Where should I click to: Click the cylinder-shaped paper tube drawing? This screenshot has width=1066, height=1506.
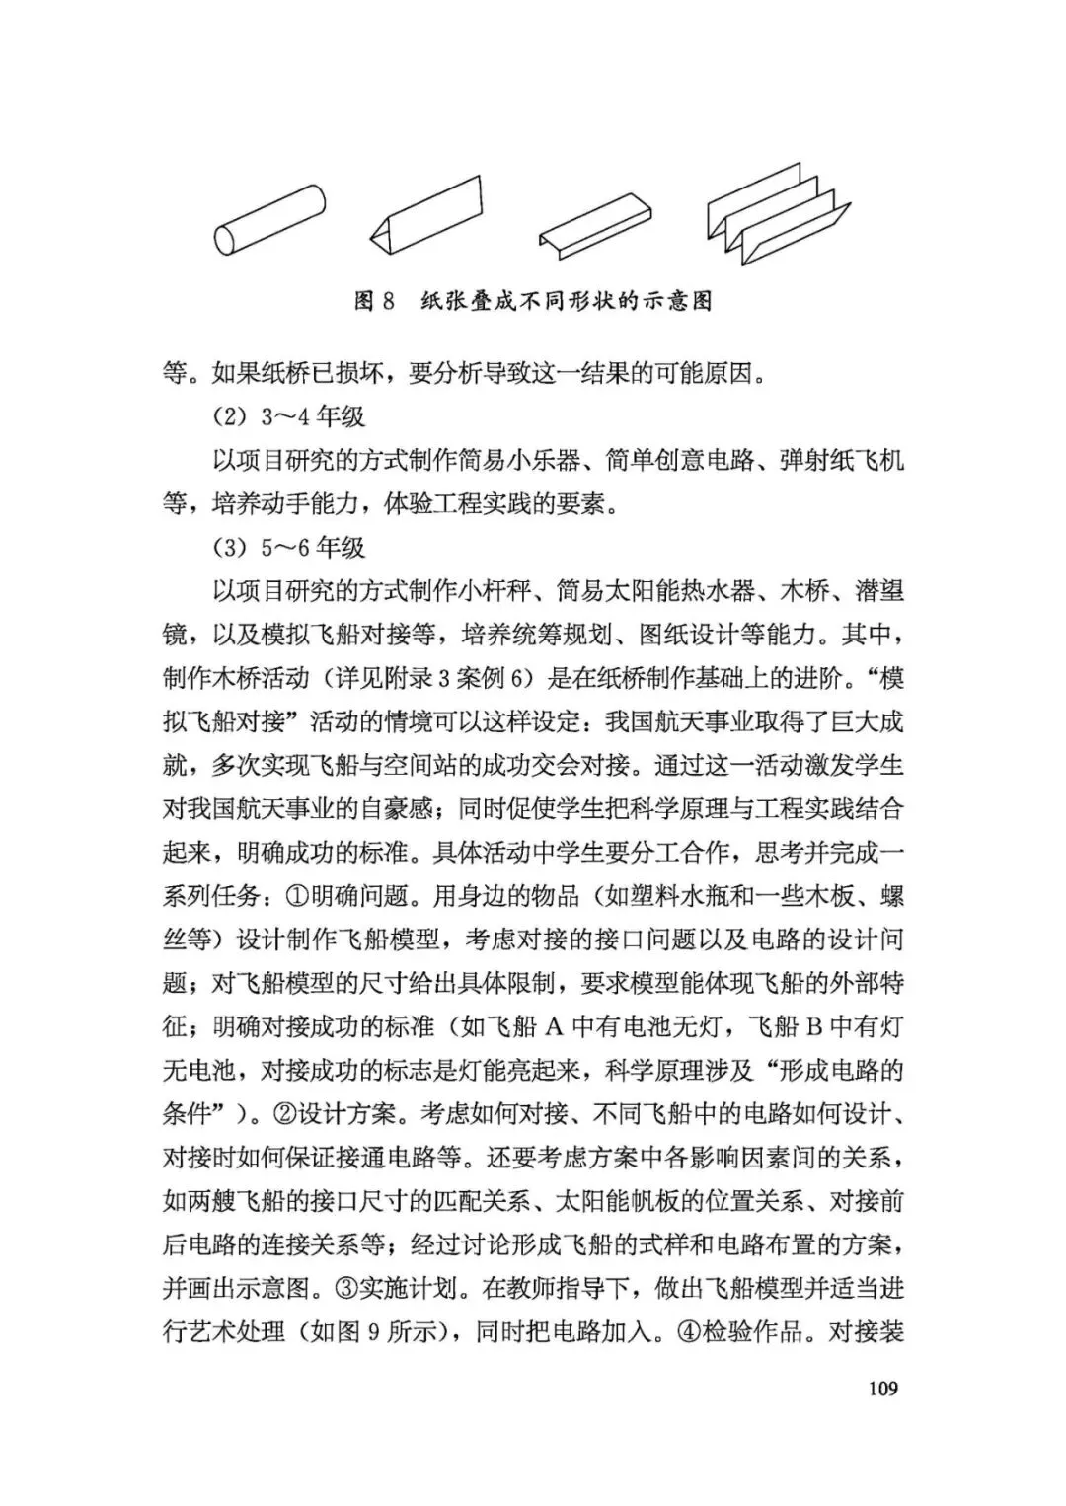pyautogui.click(x=269, y=220)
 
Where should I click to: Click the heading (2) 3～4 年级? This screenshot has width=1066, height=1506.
pyautogui.click(x=288, y=416)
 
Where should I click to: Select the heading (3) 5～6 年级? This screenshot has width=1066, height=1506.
pyautogui.click(x=288, y=548)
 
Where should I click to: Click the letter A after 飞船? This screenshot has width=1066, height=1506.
pyautogui.click(x=554, y=1027)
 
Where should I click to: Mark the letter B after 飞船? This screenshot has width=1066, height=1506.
pyautogui.click(x=814, y=1027)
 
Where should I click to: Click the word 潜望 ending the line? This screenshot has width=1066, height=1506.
pyautogui.click(x=877, y=591)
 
